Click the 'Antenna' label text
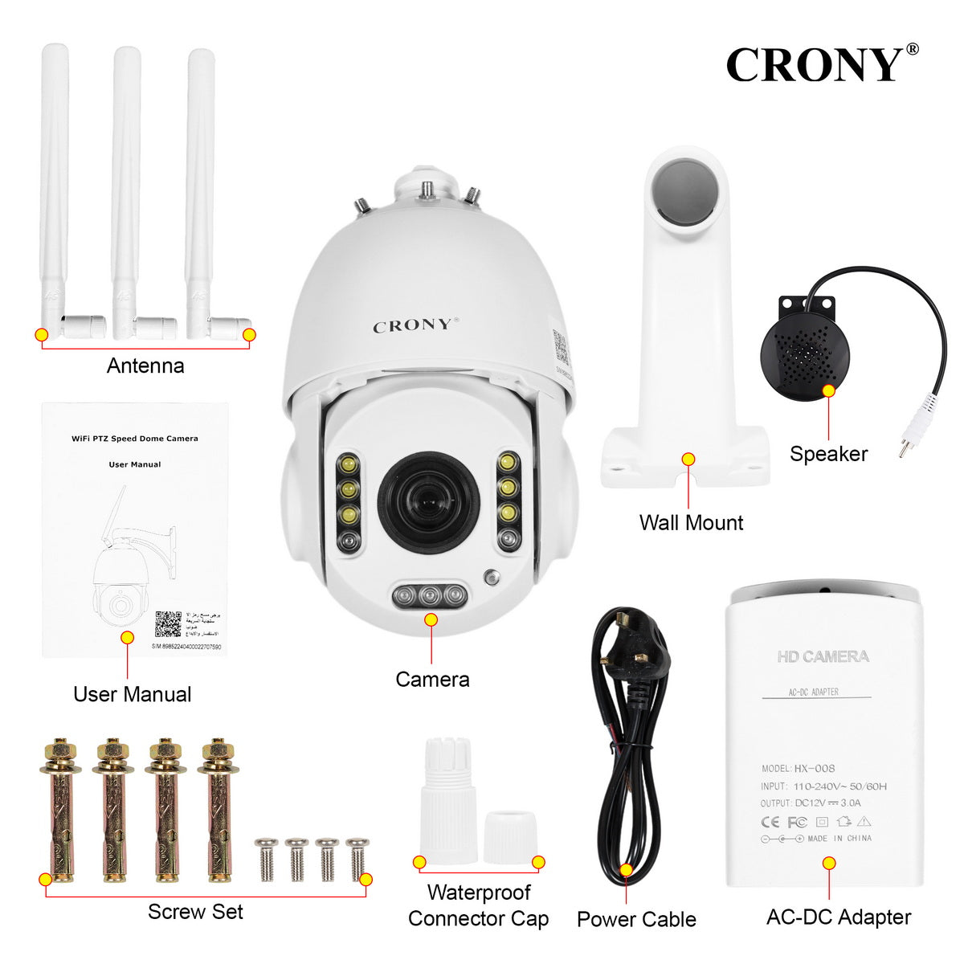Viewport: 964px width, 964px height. [x=145, y=366]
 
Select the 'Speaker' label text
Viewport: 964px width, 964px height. [x=828, y=454]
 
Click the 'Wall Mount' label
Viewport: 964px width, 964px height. [x=691, y=523]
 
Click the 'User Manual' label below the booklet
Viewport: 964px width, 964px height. [x=133, y=694]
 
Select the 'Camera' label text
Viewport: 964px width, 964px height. [x=432, y=680]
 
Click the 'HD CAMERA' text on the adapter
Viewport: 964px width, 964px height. [x=823, y=657]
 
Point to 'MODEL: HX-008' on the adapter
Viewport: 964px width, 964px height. [x=798, y=769]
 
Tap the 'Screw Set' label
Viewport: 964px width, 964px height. [x=195, y=912]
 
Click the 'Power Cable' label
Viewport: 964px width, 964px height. [x=636, y=920]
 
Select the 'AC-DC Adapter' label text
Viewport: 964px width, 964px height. [x=839, y=917]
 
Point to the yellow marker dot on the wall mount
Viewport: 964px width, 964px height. [x=688, y=460]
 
